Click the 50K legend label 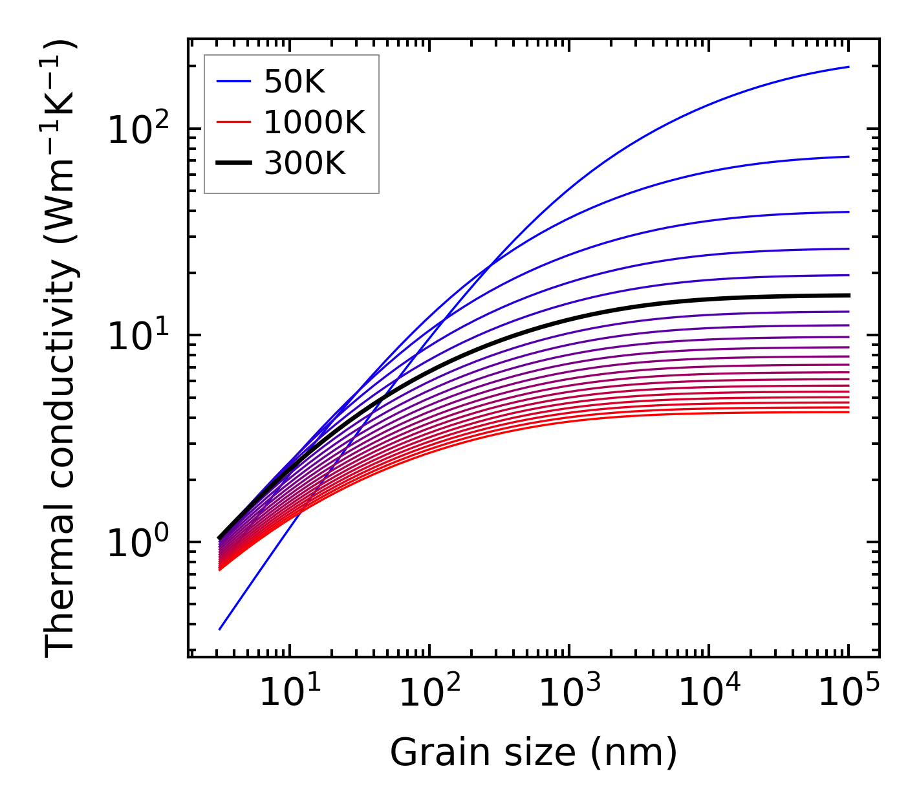pyautogui.click(x=294, y=82)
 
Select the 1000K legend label pyautogui.click(x=314, y=123)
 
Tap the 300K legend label pyautogui.click(x=305, y=164)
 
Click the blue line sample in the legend pyautogui.click(x=233, y=82)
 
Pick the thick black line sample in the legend pyautogui.click(x=233, y=164)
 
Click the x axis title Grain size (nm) pyautogui.click(x=534, y=753)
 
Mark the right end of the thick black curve pyautogui.click(x=849, y=296)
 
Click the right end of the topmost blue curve pyautogui.click(x=849, y=67)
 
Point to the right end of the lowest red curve pyautogui.click(x=849, y=412)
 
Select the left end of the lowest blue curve pyautogui.click(x=220, y=629)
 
